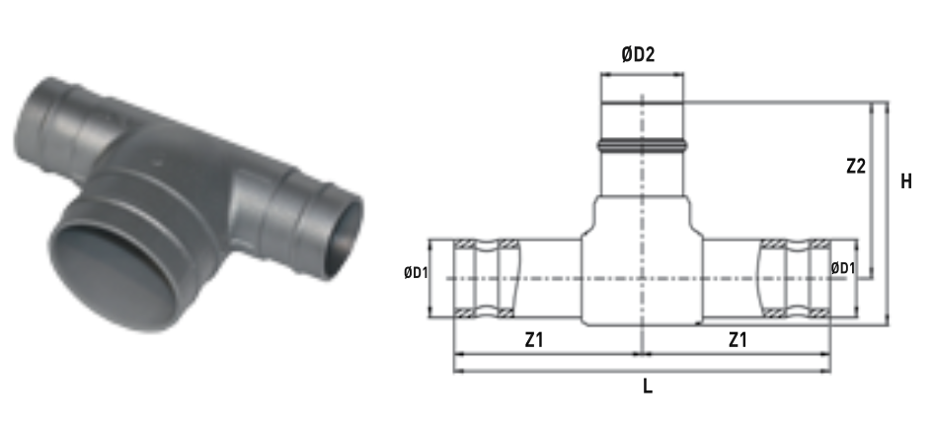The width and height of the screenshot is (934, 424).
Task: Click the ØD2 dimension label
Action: click(x=638, y=55)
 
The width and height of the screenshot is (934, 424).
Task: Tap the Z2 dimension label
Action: click(x=855, y=167)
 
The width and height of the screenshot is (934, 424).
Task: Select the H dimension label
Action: click(x=906, y=181)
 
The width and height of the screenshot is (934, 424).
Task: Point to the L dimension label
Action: click(x=648, y=387)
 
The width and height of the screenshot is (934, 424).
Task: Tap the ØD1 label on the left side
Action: click(x=416, y=273)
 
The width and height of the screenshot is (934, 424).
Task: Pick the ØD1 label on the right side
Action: click(x=843, y=269)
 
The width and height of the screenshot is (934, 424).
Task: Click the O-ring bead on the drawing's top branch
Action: click(x=642, y=143)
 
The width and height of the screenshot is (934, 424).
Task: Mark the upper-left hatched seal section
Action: click(x=465, y=244)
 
